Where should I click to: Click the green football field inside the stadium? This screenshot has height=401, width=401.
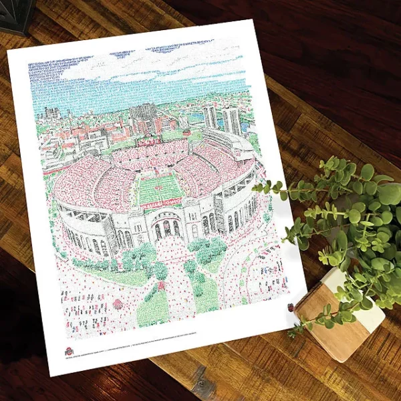(160, 188)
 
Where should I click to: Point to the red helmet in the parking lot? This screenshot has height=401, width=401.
(119, 304)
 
